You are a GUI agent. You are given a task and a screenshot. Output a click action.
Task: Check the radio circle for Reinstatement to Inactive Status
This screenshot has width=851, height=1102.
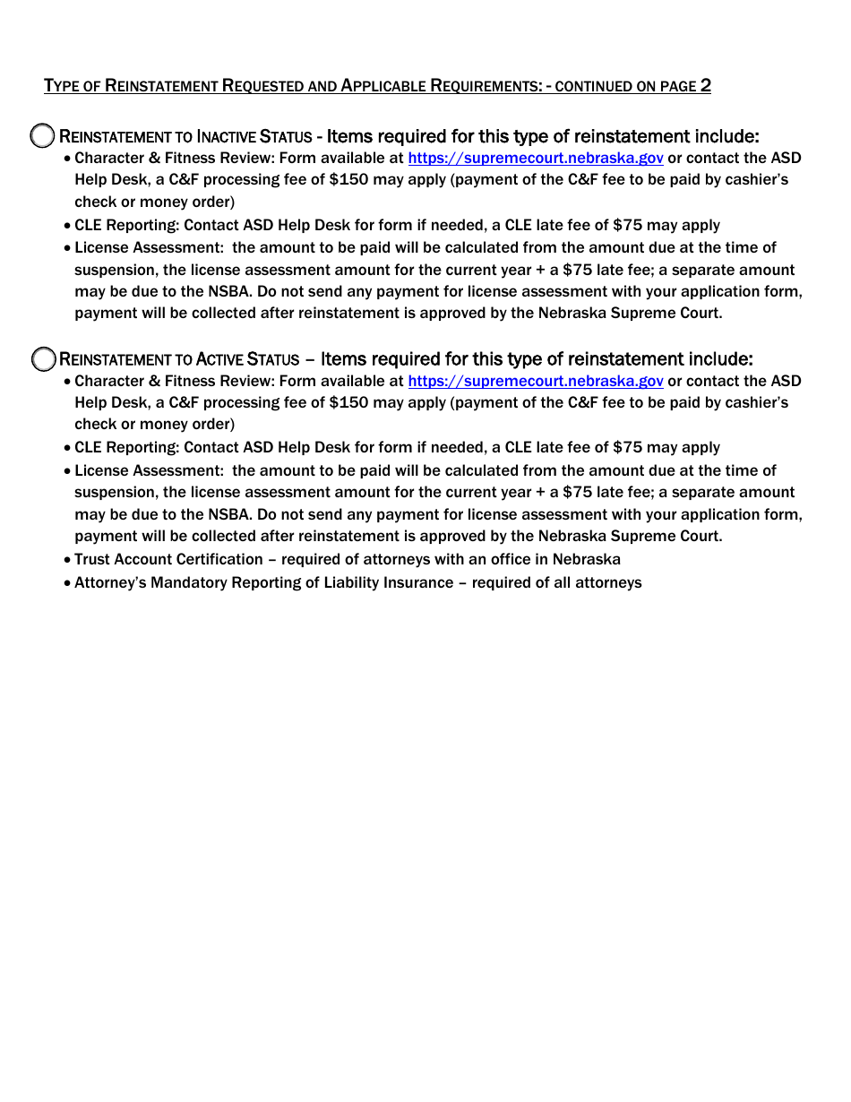(x=43, y=136)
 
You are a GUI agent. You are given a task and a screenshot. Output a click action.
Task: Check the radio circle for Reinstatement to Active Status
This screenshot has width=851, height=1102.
(x=43, y=359)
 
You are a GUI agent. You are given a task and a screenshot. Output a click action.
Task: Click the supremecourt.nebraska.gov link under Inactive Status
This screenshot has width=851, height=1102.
(x=535, y=158)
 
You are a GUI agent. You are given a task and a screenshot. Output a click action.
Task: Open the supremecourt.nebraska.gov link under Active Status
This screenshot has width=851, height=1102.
(x=535, y=381)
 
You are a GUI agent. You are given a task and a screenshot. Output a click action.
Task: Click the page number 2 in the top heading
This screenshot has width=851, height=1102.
(x=706, y=86)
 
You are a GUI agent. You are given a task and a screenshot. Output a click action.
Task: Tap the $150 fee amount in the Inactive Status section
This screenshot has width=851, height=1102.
(x=348, y=179)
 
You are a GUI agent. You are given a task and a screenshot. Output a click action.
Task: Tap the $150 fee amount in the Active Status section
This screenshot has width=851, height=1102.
(x=348, y=402)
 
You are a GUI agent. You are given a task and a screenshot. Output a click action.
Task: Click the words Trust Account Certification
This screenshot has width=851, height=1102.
(x=168, y=559)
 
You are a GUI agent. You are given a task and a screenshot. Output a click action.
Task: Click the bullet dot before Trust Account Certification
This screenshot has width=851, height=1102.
(x=67, y=560)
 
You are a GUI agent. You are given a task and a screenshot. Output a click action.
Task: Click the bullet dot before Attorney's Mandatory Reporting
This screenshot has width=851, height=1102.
(x=67, y=583)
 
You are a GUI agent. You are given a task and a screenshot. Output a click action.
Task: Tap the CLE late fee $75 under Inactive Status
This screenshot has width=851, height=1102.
(x=627, y=225)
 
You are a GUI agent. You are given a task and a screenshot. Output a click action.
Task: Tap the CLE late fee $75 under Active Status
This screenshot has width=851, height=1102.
(x=627, y=447)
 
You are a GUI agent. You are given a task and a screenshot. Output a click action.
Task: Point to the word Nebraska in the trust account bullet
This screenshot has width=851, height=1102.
(x=586, y=559)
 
